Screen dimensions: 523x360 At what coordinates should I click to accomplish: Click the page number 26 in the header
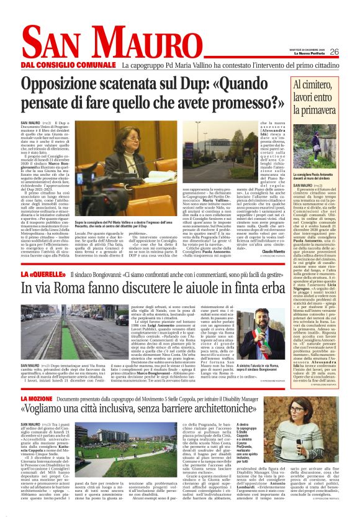pyautogui.click(x=351, y=52)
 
